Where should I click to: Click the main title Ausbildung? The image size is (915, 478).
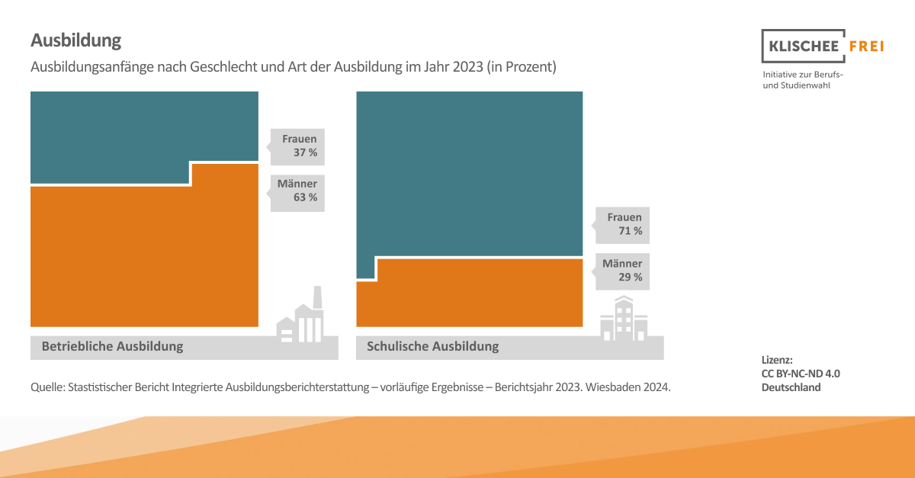tap(75, 40)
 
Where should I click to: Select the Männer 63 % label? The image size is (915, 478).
tap(297, 191)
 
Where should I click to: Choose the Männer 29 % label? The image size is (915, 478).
tap(622, 271)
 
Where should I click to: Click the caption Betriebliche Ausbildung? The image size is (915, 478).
tap(112, 346)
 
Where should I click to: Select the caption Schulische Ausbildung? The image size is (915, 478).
tap(432, 346)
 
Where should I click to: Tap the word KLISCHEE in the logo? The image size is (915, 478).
tap(801, 47)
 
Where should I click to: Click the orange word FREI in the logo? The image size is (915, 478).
tap(865, 47)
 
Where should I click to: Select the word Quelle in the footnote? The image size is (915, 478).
tap(47, 387)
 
